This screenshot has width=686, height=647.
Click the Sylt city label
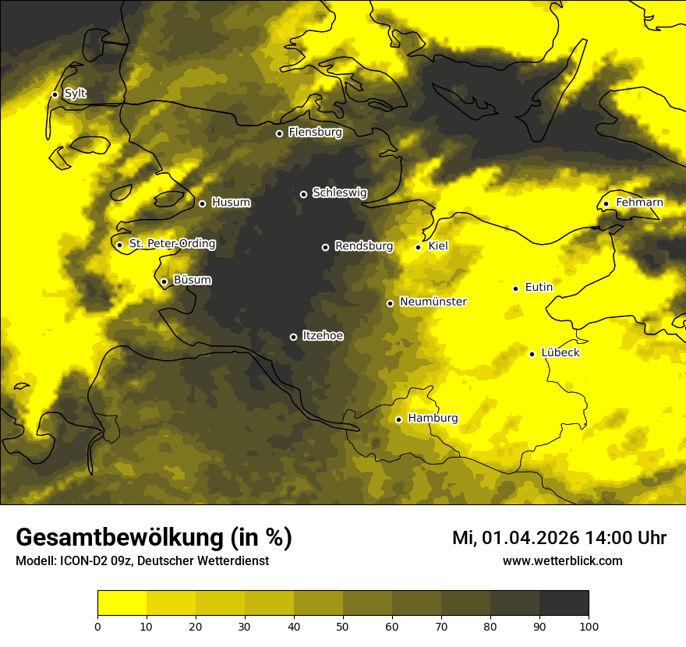coord(75,94)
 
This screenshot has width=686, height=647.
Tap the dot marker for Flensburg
coord(279,133)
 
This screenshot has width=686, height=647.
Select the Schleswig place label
coord(339,193)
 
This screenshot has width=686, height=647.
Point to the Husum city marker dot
coord(202,203)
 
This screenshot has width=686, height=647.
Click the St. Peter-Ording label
coord(171,243)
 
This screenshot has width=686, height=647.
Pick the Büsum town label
coord(192,280)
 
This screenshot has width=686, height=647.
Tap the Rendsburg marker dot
coord(325,247)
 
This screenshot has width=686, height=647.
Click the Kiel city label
coord(437,246)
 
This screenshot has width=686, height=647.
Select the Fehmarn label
coord(639,203)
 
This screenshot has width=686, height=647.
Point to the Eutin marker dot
coord(515,288)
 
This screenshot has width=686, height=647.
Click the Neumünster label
coord(433,302)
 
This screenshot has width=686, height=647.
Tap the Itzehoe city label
coord(322,335)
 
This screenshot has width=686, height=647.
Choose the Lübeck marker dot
coord(532,354)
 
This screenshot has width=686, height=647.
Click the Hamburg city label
coord(433,418)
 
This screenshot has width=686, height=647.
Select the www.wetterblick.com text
coord(562,561)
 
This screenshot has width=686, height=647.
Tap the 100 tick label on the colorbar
coord(589,625)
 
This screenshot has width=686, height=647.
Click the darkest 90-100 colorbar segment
coord(564,603)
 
